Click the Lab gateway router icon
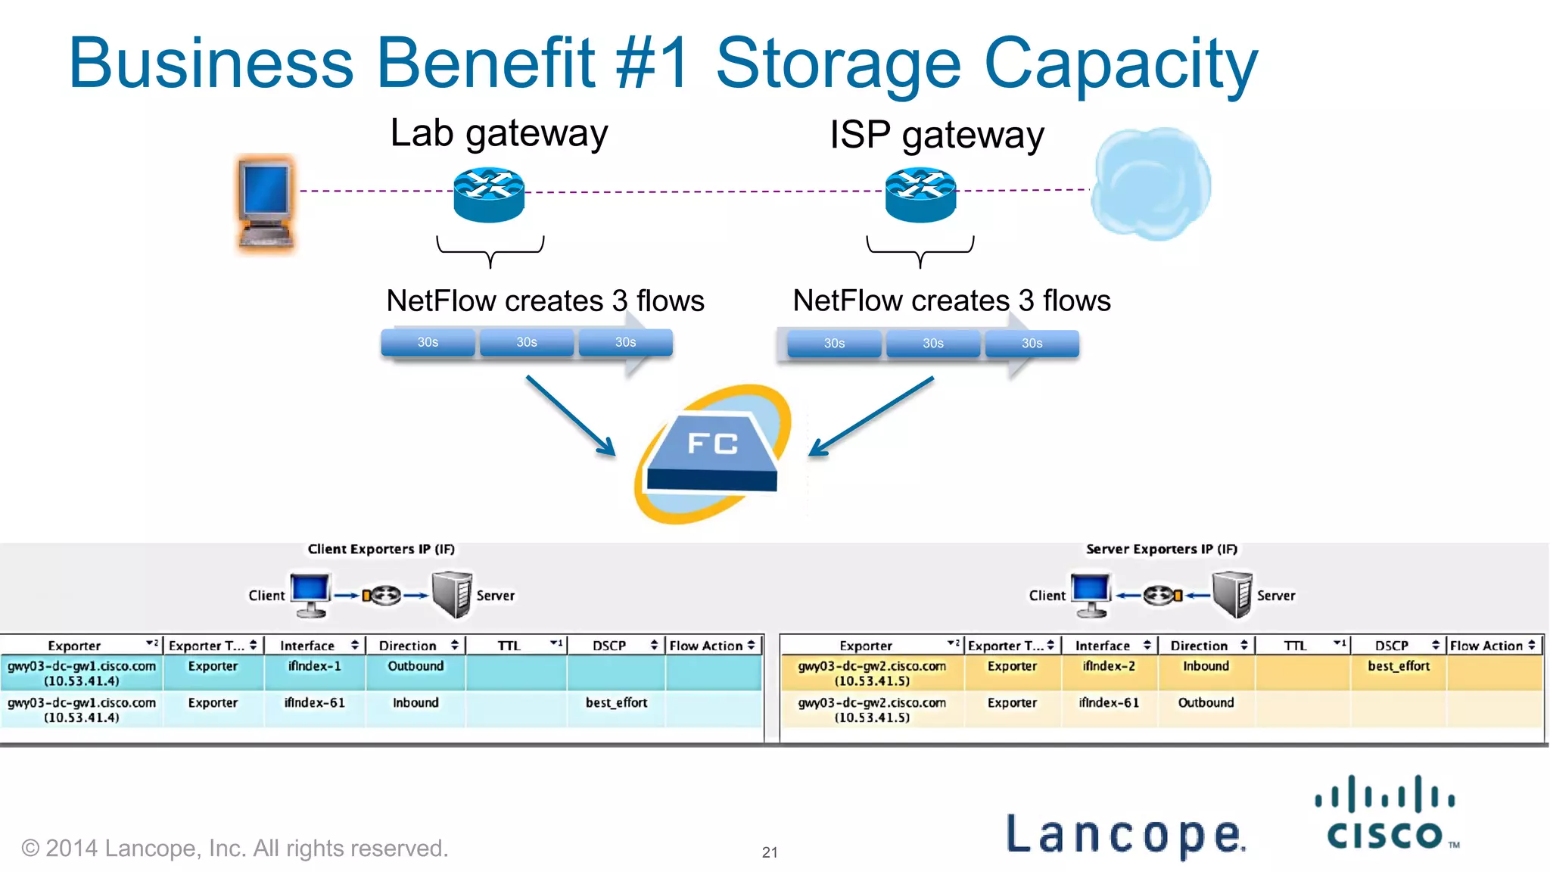click(489, 195)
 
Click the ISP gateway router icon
click(920, 195)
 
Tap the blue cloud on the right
click(1150, 184)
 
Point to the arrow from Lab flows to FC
click(571, 416)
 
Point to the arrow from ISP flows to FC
click(871, 416)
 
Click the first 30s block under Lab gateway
click(428, 342)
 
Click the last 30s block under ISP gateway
click(1032, 344)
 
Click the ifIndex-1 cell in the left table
click(314, 666)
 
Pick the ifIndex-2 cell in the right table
click(1109, 666)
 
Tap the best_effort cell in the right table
click(1398, 666)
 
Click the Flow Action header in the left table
click(711, 646)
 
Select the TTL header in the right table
click(1296, 646)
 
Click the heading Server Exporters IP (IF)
click(1162, 549)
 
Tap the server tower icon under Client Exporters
click(452, 595)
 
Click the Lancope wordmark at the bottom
click(1125, 834)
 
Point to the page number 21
click(770, 852)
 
